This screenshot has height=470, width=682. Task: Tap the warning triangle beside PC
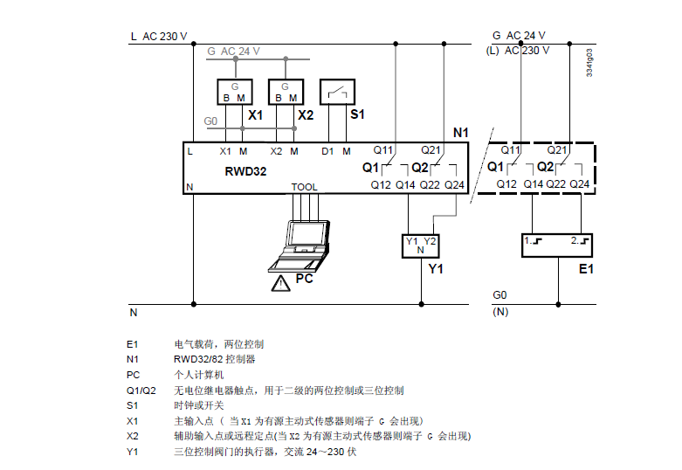tap(280, 283)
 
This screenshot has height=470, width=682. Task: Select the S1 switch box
tap(337, 93)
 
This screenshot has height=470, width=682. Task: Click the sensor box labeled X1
tap(234, 93)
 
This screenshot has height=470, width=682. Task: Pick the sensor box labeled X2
tap(286, 93)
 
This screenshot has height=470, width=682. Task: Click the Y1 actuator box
tap(419, 245)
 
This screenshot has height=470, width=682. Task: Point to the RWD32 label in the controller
tap(245, 171)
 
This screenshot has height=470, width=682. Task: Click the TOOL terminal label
tap(305, 187)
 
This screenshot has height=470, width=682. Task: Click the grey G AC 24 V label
tap(234, 52)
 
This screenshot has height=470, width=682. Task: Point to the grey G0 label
tap(210, 121)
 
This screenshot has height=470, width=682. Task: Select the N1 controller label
tap(462, 133)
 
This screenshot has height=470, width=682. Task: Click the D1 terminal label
tap(327, 151)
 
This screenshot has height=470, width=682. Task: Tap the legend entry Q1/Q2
tap(141, 391)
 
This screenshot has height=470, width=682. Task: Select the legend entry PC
tap(133, 375)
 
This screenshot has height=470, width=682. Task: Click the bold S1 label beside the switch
tap(357, 114)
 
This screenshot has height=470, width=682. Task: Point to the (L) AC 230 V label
tap(517, 50)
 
